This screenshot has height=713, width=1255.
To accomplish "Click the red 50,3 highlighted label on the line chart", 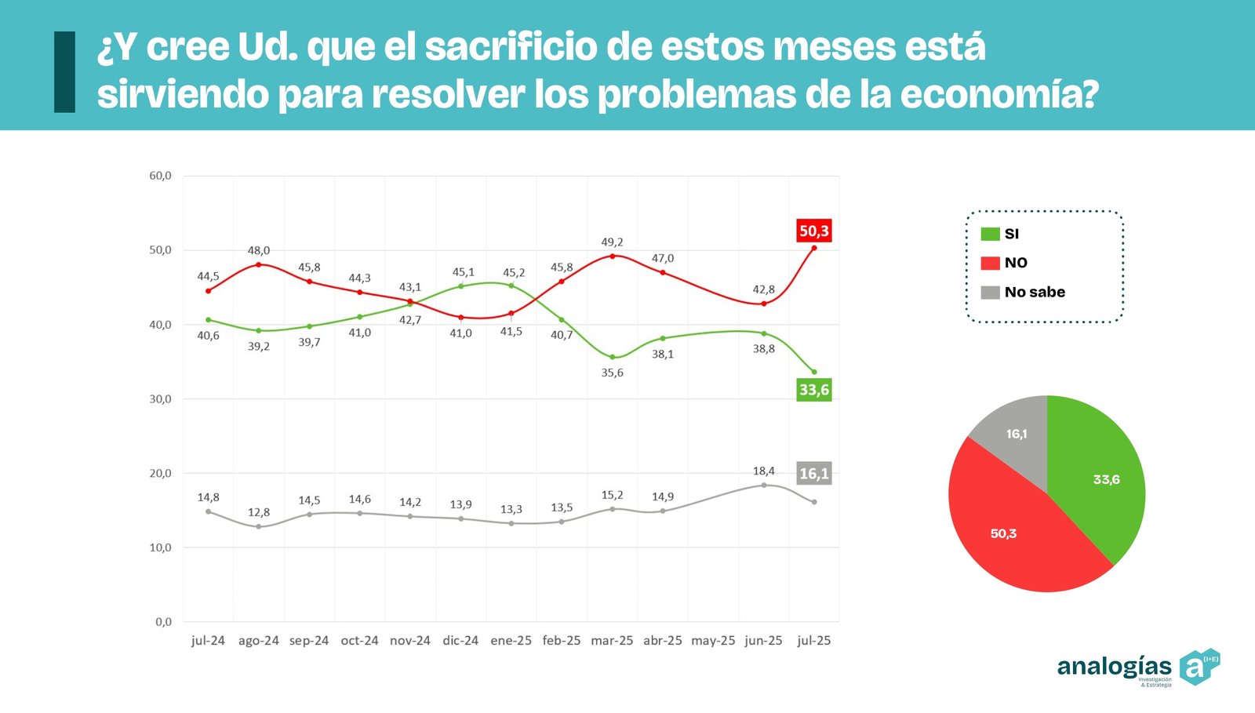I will point(813,231).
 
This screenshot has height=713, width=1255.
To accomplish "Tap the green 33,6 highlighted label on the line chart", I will point(813,390).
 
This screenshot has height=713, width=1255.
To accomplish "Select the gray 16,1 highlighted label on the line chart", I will point(813,474).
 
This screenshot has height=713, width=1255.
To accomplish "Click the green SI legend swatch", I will point(990,234).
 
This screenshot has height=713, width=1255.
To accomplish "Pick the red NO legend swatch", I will point(990,263).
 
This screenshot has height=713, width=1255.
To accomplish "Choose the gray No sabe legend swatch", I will point(990,292).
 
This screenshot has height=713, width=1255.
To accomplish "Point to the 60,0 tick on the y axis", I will point(160,176).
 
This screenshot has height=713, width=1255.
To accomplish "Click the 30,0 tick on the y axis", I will point(160,398).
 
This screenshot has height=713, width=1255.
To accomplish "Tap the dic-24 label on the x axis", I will point(460,640).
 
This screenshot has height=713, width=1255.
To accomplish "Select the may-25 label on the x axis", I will point(713,640).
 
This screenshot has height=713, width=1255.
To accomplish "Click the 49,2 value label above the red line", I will point(612,242).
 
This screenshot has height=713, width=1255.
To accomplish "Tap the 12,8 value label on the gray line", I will point(259,512).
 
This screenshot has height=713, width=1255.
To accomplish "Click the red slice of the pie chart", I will point(1012,533).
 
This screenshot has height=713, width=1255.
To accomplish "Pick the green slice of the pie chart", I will point(1098,478).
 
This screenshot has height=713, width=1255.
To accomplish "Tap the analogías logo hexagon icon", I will point(1199,667).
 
